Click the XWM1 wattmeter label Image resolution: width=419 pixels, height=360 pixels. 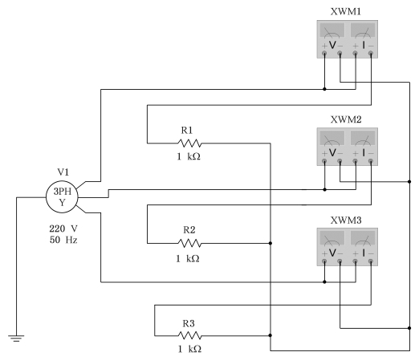(346, 12)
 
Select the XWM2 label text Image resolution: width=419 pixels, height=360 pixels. (346, 119)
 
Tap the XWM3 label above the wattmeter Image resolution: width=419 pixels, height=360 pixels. (346, 220)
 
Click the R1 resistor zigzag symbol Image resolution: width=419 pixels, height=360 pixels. (189, 144)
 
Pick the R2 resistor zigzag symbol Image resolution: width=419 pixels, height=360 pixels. (189, 243)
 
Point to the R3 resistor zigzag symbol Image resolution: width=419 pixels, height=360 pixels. (189, 335)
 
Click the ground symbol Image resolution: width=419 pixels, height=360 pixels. (16, 338)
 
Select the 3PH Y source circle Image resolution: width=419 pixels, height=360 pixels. (62, 197)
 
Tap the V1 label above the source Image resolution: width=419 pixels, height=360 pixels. (63, 172)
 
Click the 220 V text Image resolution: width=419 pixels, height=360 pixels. (63, 229)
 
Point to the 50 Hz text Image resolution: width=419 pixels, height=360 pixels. (63, 240)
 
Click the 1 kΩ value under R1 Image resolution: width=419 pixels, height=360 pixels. (189, 156)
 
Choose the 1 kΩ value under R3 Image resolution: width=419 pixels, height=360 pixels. (189, 349)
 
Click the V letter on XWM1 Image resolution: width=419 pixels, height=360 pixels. (332, 46)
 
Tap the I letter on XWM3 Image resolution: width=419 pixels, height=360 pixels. (364, 253)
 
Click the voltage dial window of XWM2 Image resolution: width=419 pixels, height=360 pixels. (332, 138)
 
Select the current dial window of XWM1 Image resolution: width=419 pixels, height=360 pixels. (363, 30)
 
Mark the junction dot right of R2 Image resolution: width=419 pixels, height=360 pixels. (271, 243)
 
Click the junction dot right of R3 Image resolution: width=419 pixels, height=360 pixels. (271, 335)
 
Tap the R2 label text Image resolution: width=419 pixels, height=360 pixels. (189, 230)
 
